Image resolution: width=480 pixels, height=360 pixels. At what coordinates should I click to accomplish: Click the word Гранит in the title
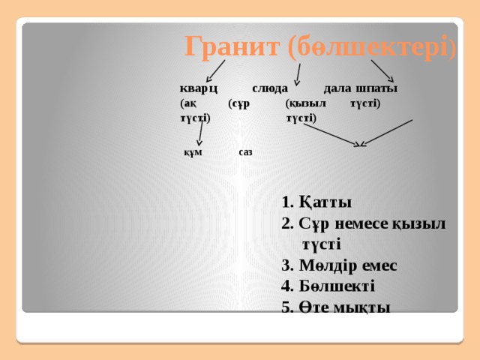(x=232, y=48)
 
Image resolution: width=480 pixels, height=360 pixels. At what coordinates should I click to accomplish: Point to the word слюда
(x=269, y=88)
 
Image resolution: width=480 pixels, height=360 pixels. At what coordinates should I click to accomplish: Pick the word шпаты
(x=376, y=88)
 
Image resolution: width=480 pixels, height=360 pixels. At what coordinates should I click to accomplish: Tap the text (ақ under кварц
(x=188, y=103)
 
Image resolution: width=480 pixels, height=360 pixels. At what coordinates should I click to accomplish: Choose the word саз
(x=245, y=151)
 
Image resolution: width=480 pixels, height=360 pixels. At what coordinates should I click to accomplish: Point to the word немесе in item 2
(x=360, y=223)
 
